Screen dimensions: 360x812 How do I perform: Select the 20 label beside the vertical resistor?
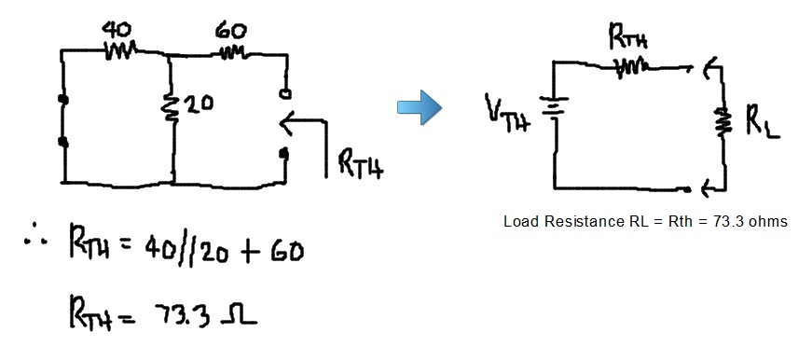[x=200, y=104]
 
